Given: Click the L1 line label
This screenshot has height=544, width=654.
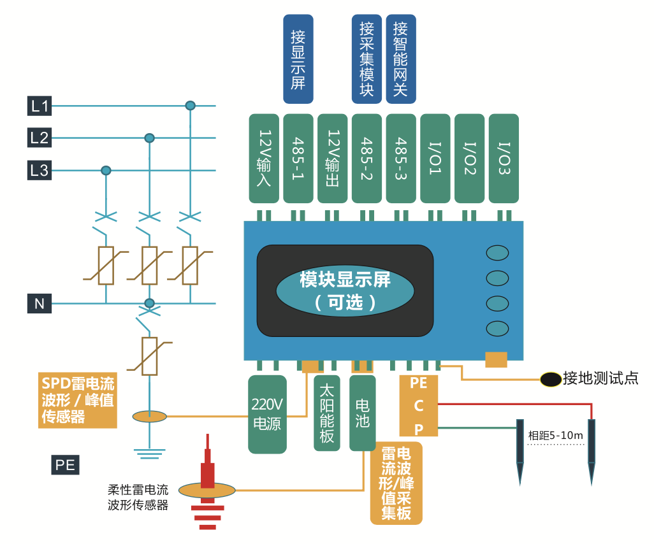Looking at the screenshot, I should (x=40, y=106).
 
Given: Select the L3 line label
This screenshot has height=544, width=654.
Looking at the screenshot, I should (x=40, y=171).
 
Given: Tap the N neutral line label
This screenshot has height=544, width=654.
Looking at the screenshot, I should (x=40, y=304).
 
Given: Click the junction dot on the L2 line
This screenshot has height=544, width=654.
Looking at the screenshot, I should (x=149, y=138).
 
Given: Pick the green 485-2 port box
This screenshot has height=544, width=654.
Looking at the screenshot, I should (x=367, y=159).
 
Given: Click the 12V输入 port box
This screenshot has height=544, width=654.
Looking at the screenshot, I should (x=264, y=159).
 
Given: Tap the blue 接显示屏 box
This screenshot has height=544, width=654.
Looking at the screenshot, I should (x=298, y=59).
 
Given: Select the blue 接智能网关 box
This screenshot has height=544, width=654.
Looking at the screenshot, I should (x=401, y=59).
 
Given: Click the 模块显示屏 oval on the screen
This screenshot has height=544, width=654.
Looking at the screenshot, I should (x=345, y=290).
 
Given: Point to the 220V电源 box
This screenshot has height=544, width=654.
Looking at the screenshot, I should (x=266, y=414).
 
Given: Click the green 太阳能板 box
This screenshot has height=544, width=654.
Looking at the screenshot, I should (x=327, y=413).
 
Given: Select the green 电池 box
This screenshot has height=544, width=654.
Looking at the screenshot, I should (x=362, y=413).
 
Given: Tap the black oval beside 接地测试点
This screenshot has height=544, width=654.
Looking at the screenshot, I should (x=550, y=379).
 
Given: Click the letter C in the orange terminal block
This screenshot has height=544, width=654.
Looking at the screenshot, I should (x=419, y=406).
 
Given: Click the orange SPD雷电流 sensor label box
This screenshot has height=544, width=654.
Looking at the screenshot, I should (x=78, y=400).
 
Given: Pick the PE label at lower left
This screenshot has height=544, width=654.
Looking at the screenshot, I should (x=65, y=465).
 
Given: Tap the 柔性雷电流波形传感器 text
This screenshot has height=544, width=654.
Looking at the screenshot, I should (x=138, y=497).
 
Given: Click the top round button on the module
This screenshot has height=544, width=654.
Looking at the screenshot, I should (x=497, y=253).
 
